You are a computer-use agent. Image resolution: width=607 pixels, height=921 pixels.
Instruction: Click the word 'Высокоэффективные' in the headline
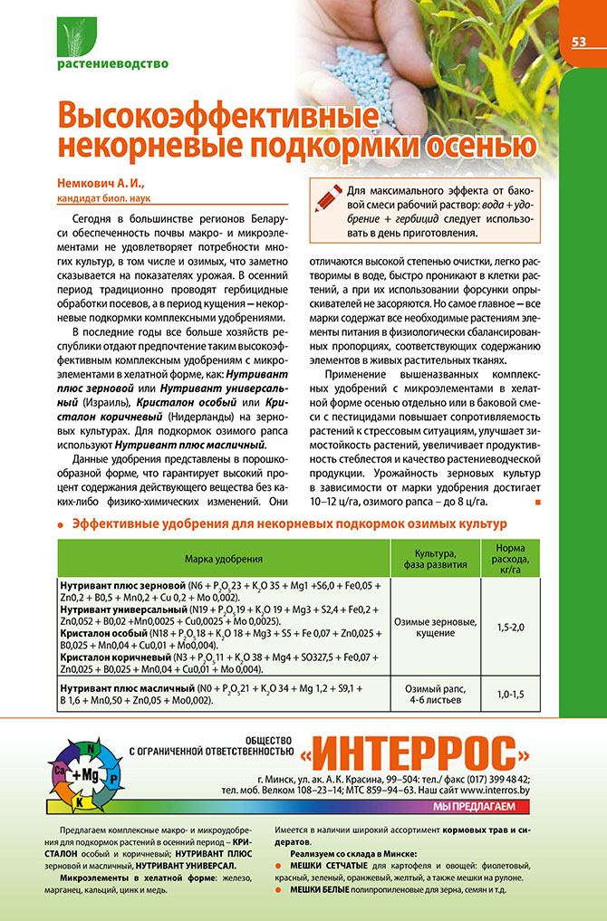(217, 117)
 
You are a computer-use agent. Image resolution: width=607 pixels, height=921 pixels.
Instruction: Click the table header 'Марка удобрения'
(223, 560)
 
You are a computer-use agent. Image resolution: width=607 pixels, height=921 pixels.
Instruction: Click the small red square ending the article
(538, 501)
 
